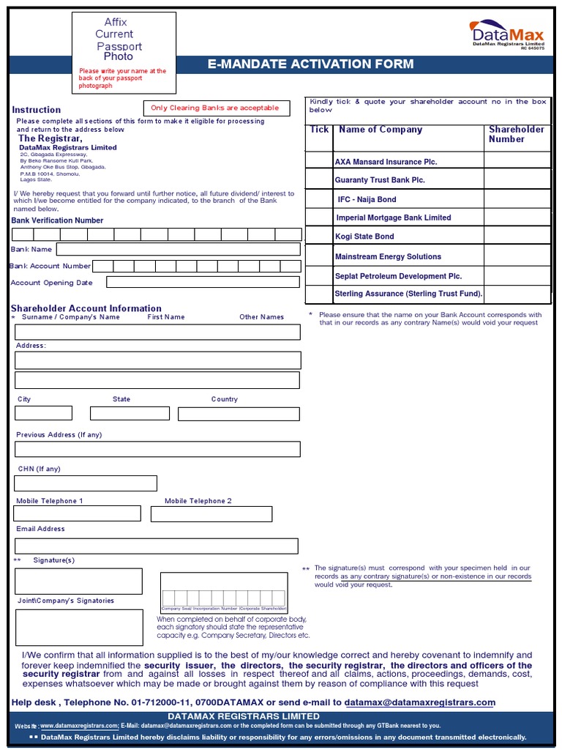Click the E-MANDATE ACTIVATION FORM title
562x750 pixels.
[x=310, y=64]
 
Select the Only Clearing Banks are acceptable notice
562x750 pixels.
[x=215, y=108]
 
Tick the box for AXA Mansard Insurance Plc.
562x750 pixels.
[x=319, y=161]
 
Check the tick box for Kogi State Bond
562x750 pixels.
[x=319, y=236]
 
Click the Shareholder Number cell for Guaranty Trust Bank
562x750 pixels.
[x=517, y=179]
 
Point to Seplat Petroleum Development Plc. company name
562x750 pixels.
[x=398, y=276]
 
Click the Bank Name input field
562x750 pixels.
[x=178, y=249]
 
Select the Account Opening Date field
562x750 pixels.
[x=203, y=282]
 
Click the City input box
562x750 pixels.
[x=44, y=413]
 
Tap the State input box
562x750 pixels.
[x=130, y=413]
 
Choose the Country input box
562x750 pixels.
[x=239, y=414]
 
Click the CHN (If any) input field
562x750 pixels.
[x=86, y=483]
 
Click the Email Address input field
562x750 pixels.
[x=157, y=546]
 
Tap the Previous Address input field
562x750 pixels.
[x=157, y=449]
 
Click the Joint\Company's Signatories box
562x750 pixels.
[x=79, y=627]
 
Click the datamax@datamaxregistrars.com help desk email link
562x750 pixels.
[x=419, y=702]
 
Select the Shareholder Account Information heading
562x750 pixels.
[x=86, y=308]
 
